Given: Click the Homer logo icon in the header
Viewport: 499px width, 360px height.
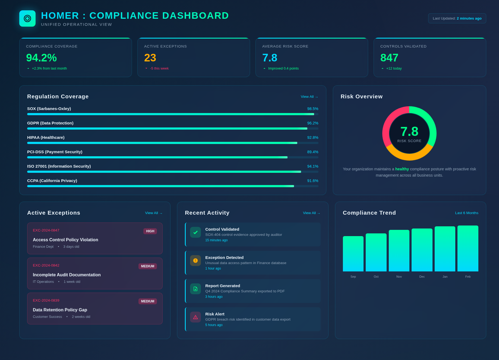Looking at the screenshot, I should click(x=27, y=18).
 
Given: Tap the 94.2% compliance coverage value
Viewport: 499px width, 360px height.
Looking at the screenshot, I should click(x=41, y=58).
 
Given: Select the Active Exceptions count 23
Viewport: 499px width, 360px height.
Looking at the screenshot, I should click(x=150, y=58).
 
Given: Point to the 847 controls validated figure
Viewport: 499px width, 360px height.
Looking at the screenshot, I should click(x=389, y=58).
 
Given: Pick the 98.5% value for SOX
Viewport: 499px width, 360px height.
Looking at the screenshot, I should click(x=312, y=109).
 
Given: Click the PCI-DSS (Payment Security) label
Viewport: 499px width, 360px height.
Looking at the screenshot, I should click(x=55, y=152).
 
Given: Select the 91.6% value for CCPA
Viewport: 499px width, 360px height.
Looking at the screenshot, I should click(x=312, y=181).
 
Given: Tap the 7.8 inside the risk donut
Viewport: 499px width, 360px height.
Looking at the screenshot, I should click(x=409, y=132).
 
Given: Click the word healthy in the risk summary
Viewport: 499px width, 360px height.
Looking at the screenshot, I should click(x=402, y=169).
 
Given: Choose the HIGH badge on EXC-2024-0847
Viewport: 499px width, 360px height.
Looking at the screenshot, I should click(x=150, y=231).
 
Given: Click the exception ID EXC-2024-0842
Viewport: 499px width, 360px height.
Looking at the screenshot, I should click(x=46, y=265).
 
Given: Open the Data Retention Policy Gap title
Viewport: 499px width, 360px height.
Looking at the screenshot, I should click(x=60, y=310).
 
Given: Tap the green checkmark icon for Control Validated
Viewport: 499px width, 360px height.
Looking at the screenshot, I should click(x=195, y=232).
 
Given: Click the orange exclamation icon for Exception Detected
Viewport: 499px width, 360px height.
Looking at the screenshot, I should click(x=195, y=261).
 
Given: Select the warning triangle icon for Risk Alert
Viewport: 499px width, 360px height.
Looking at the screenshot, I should click(x=195, y=317).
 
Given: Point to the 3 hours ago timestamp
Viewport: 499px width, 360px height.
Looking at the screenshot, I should click(x=214, y=297).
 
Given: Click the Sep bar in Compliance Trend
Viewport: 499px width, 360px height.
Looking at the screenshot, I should click(x=353, y=254).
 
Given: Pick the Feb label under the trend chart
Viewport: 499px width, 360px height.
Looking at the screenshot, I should click(x=468, y=277).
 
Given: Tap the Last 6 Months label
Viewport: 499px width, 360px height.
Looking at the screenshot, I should click(x=466, y=213).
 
